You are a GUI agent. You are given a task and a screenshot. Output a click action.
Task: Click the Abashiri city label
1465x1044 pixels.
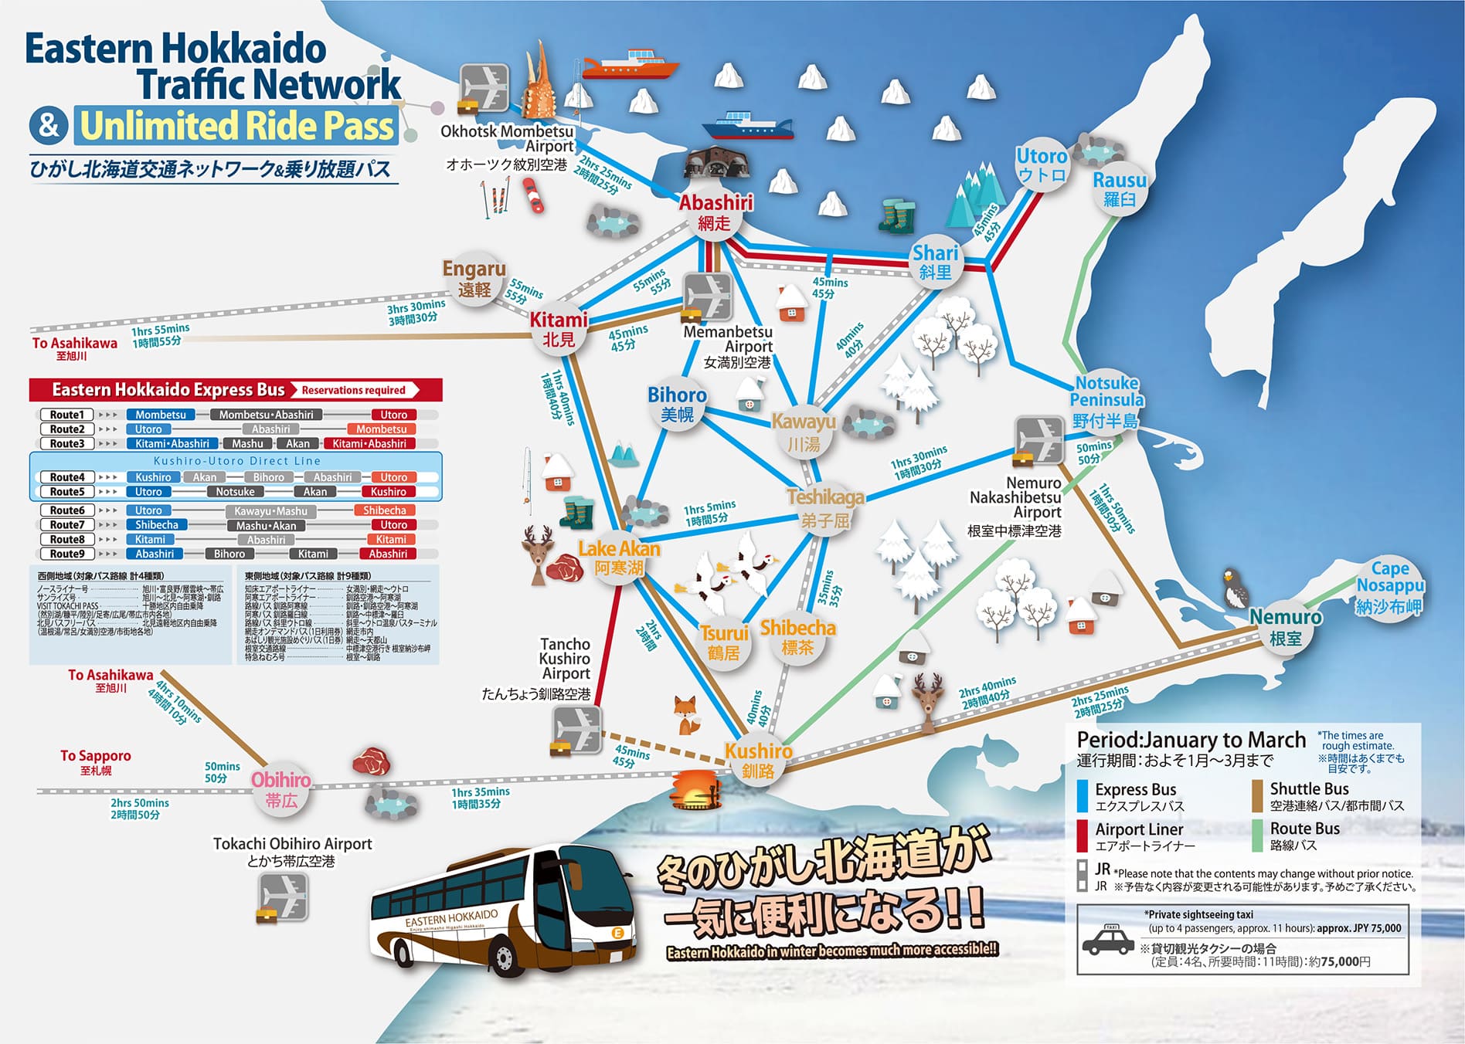tap(716, 212)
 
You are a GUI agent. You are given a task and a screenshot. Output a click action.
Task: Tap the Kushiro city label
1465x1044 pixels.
tap(758, 760)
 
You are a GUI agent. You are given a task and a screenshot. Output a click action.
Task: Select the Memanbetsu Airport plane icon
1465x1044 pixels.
tap(707, 297)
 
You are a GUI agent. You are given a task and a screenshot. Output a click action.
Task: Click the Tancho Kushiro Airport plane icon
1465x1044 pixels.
tap(577, 730)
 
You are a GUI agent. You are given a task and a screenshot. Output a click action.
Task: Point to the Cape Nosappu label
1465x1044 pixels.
tap(1389, 587)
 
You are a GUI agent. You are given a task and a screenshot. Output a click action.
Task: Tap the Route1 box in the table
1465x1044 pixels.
tap(67, 415)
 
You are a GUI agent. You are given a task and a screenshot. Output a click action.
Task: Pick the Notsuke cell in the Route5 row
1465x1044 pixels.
tap(235, 492)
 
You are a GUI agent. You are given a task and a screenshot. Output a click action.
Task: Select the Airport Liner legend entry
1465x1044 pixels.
tap(1138, 836)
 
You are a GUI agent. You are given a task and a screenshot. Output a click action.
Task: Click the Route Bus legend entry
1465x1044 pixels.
tap(1304, 836)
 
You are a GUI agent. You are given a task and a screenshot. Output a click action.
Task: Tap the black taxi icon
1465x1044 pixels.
tap(1108, 941)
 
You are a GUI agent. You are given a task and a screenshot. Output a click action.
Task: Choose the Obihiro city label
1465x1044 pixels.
tap(281, 789)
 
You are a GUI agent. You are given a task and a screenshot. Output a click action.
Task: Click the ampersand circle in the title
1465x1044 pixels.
tap(49, 125)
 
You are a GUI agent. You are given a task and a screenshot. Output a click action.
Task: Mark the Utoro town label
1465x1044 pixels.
tap(1042, 164)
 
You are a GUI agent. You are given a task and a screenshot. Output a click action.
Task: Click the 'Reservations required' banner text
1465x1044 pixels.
tap(354, 390)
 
